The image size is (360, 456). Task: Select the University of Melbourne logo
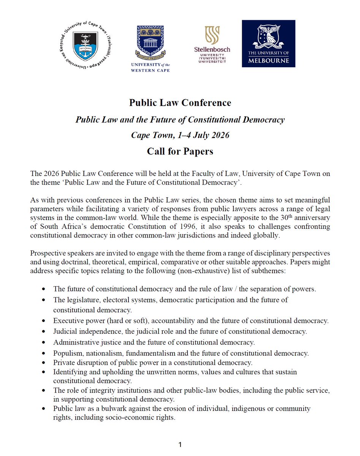[x=268, y=44]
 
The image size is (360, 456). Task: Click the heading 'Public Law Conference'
[x=180, y=103]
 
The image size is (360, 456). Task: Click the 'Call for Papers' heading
[x=180, y=151]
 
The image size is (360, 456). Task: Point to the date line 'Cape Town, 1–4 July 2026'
[x=180, y=135]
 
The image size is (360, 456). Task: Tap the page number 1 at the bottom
[x=180, y=444]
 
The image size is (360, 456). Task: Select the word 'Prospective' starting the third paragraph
[x=47, y=253]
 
